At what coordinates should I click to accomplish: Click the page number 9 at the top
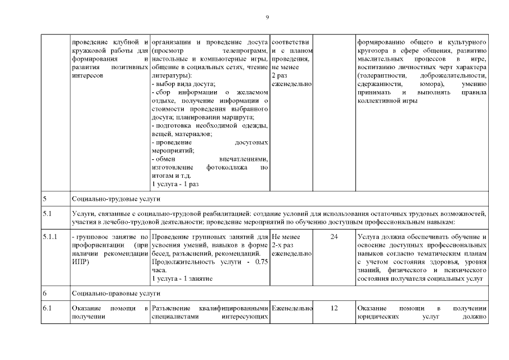click(x=267, y=17)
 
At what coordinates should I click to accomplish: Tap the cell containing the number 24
click(x=334, y=237)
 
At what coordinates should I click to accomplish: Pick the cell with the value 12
click(x=334, y=308)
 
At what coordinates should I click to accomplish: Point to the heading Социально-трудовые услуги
click(x=116, y=199)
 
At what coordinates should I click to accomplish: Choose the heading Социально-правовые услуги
click(x=116, y=294)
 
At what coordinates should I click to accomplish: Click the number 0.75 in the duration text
click(x=260, y=262)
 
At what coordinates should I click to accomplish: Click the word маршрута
click(x=239, y=117)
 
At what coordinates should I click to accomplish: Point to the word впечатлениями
click(x=243, y=159)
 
